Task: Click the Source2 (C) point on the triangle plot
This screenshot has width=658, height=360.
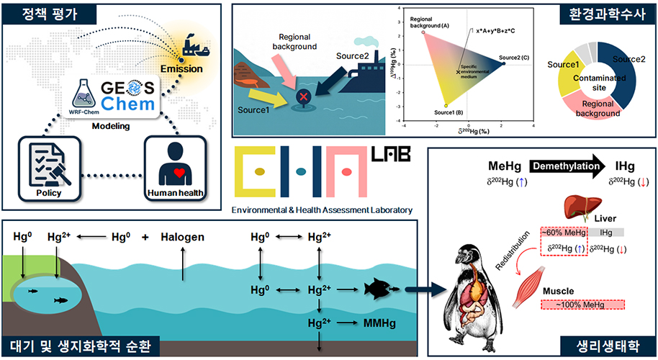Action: (x=503, y=64)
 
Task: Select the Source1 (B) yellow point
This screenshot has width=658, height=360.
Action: (x=446, y=105)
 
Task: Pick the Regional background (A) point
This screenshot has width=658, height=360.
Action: (x=423, y=32)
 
